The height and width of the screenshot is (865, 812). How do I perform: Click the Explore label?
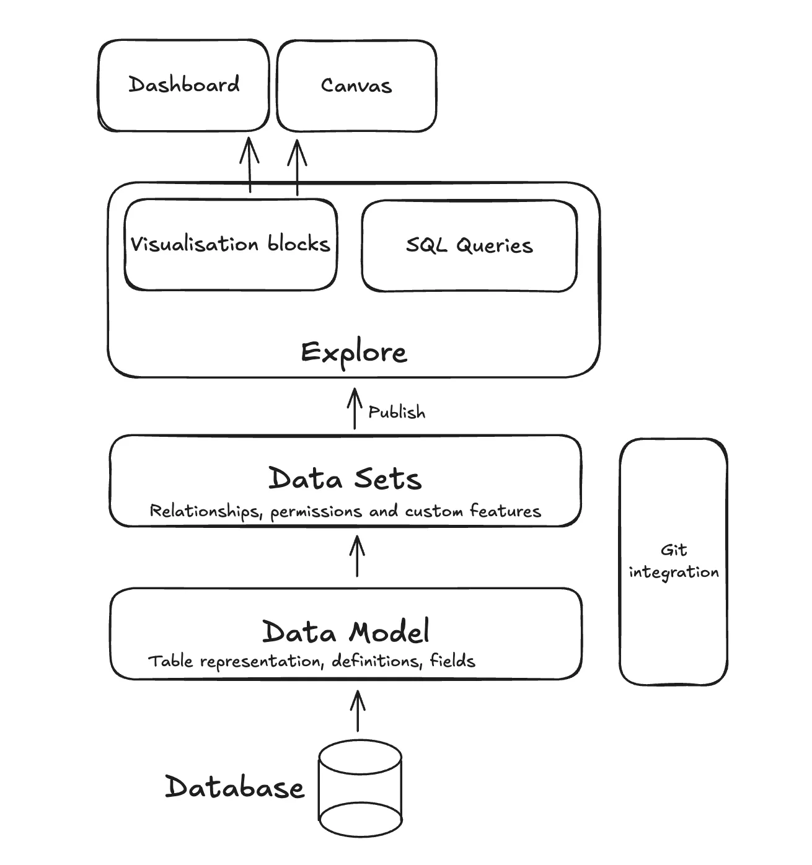tap(354, 353)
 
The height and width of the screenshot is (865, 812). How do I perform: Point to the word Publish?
tap(397, 412)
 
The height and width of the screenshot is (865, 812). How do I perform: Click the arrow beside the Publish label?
tap(355, 408)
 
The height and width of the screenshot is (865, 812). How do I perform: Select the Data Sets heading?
tap(345, 479)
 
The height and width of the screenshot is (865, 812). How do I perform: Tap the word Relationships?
tap(206, 511)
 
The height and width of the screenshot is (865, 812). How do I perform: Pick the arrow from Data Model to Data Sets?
tap(358, 556)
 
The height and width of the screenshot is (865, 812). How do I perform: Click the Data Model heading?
tap(346, 631)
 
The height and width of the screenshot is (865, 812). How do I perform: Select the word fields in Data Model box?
tap(452, 661)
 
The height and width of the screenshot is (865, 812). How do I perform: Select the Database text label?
tap(234, 787)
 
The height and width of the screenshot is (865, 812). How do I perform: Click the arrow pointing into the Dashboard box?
tap(250, 165)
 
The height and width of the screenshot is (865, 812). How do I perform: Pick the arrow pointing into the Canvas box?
tap(298, 167)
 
